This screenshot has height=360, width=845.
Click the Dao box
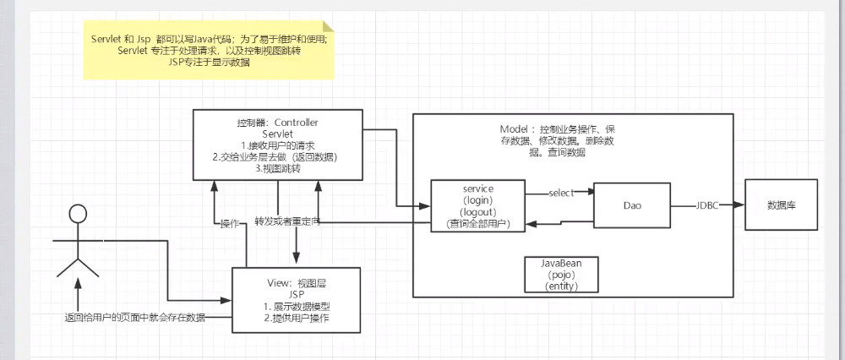point(632,205)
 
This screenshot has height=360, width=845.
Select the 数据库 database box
point(782,205)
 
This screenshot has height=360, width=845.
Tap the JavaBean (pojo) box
point(562,275)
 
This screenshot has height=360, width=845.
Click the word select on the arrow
point(561,193)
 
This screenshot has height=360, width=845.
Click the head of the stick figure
point(79,215)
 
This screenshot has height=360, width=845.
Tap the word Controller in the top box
point(297,123)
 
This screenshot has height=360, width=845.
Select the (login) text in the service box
point(478,200)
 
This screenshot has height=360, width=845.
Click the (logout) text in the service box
point(478,212)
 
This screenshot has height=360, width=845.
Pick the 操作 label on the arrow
point(230,224)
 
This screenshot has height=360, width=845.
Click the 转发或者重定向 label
point(288,221)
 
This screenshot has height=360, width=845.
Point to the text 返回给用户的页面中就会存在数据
point(134,317)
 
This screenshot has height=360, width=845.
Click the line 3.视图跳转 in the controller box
point(277,169)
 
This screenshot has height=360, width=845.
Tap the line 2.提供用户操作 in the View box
point(297,318)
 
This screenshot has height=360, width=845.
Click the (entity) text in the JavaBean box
point(562,286)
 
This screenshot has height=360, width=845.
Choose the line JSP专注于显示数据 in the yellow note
point(209,62)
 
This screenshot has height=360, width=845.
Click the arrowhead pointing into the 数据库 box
point(739,205)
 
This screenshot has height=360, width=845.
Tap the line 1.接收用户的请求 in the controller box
point(277,145)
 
